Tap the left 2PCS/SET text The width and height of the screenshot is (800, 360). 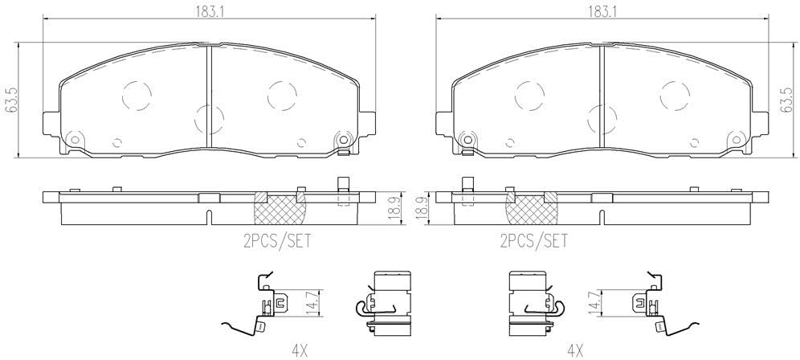pos(276,239)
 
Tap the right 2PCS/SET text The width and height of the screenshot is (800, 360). pos(533,239)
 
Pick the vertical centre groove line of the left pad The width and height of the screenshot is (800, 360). pos(208,96)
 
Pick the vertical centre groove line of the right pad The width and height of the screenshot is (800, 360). pos(602,96)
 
